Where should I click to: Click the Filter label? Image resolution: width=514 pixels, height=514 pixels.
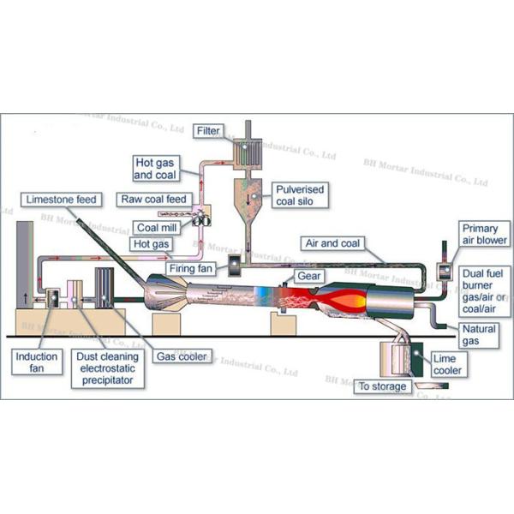(x=208, y=131)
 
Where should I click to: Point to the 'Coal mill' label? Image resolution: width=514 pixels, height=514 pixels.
(x=157, y=227)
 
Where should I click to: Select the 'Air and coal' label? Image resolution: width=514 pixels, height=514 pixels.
(x=335, y=242)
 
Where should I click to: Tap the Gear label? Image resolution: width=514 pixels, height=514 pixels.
(x=308, y=276)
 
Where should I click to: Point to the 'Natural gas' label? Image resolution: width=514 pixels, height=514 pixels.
(x=478, y=334)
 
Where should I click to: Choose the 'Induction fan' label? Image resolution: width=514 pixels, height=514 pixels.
(x=38, y=361)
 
